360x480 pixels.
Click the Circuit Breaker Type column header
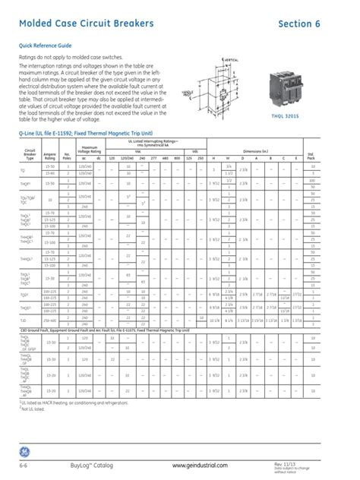(x=30, y=155)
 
